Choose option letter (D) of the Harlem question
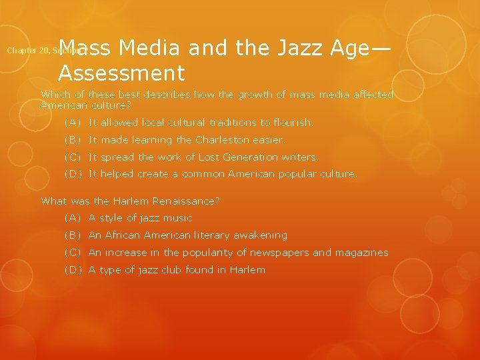tap(73, 270)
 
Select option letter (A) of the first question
tap(73, 123)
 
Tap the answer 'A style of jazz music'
tap(140, 218)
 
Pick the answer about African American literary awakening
tap(187, 235)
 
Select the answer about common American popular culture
tap(223, 175)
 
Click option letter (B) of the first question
tap(73, 140)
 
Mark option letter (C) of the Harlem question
tap(73, 253)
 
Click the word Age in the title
tap(353, 48)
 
